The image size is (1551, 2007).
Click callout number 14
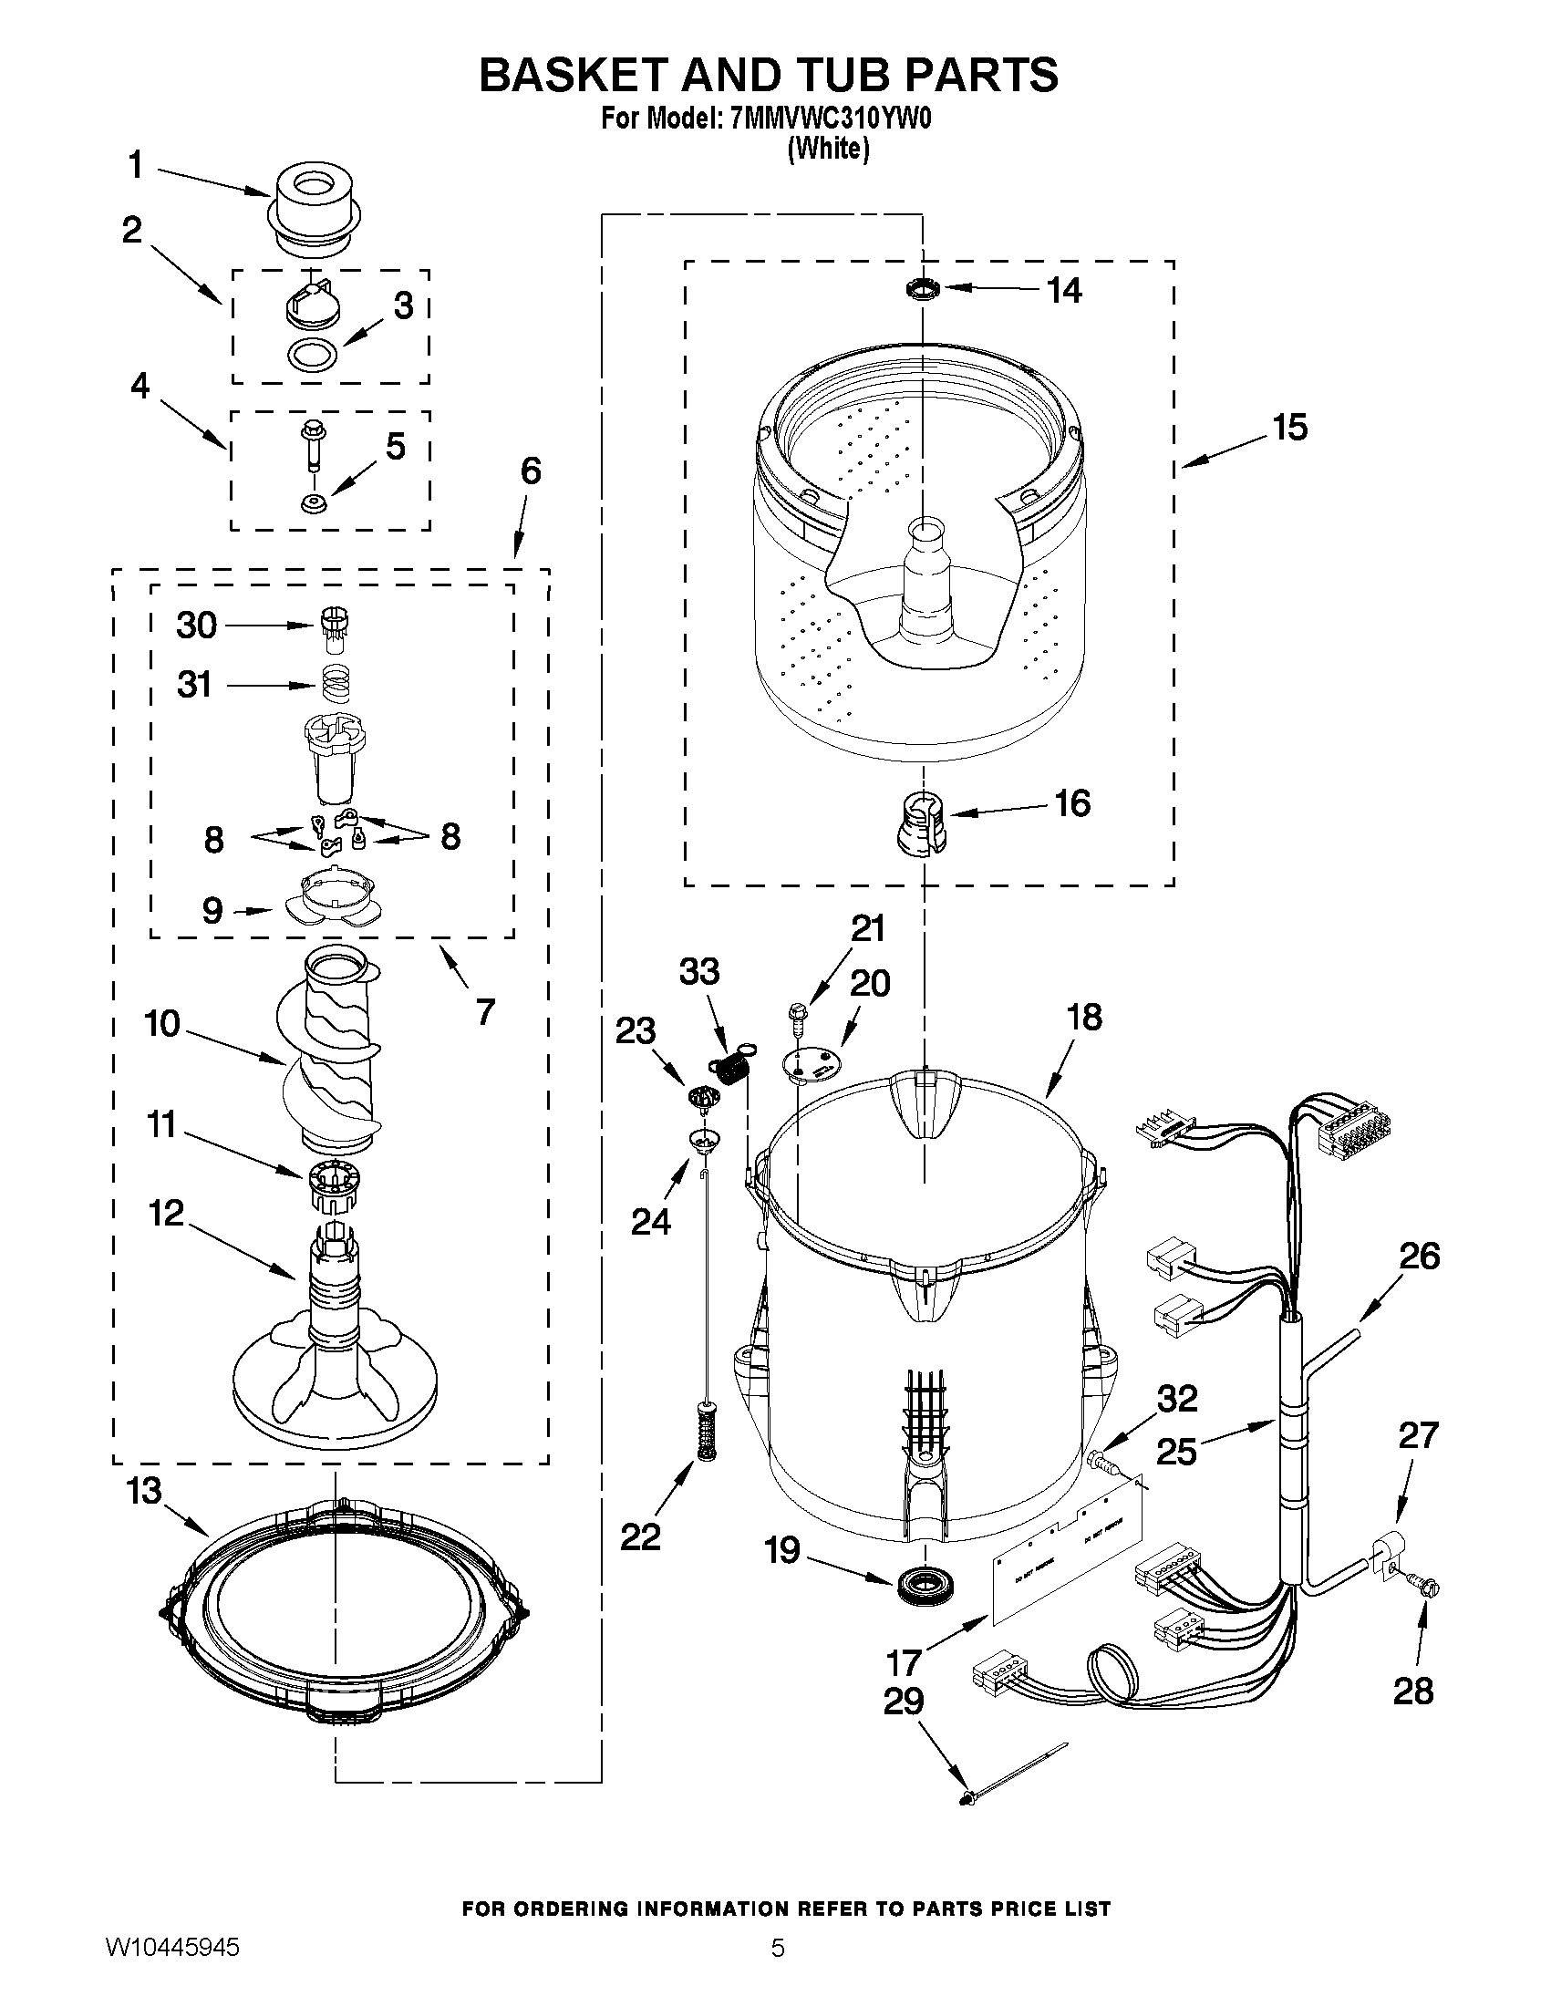tap(1065, 290)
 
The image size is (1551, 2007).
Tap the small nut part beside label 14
tap(923, 290)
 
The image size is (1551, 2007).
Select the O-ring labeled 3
tap(312, 354)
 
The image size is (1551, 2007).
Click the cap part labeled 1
tap(314, 207)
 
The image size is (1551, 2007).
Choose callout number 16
tap(1071, 803)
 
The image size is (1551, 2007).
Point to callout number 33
tap(699, 971)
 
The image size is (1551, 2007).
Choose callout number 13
tap(144, 1492)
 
